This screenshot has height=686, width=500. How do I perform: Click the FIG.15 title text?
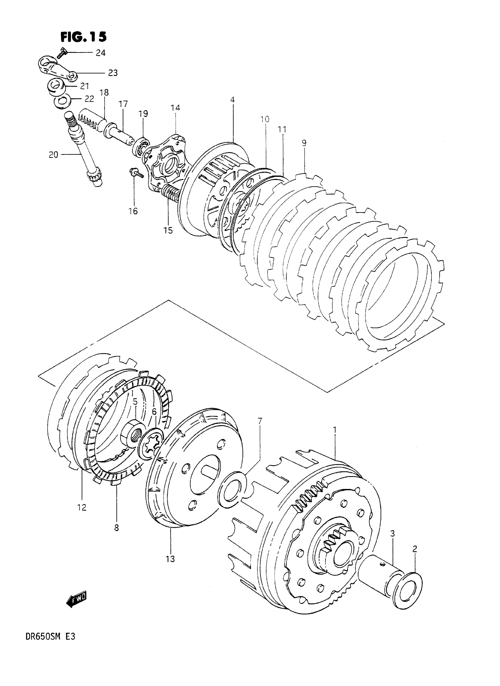[84, 37]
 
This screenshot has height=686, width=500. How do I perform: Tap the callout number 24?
[101, 53]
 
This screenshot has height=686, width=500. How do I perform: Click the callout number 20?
[53, 155]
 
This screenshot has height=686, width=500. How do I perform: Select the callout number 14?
[175, 108]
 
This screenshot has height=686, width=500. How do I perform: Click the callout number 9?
[304, 143]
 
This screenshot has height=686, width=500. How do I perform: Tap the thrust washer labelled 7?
[231, 489]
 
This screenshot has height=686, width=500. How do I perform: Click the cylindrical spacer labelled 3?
[380, 572]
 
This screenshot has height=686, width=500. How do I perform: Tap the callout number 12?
[82, 507]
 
